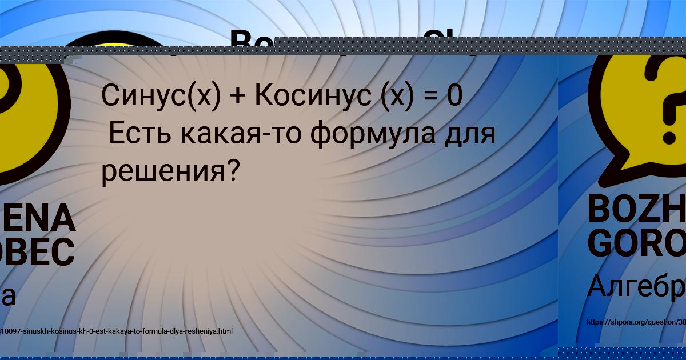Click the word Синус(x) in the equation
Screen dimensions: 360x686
point(161,96)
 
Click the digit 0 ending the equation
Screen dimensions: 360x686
point(455,96)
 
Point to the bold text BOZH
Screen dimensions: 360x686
point(636,210)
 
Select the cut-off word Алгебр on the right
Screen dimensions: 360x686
point(636,286)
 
